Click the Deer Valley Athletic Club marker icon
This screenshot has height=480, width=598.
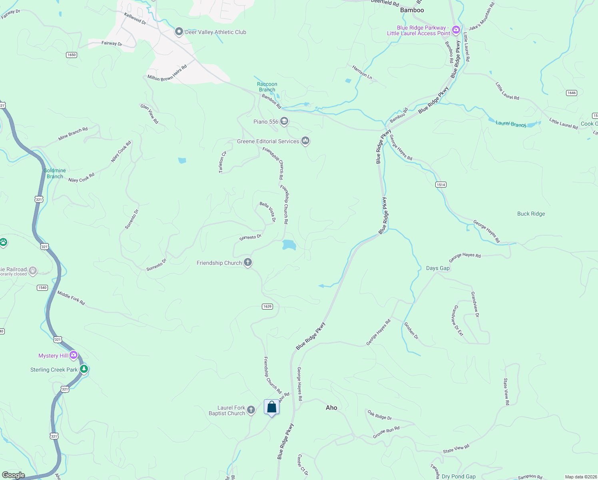pyautogui.click(x=179, y=32)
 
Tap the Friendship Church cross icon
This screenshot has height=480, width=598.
pyautogui.click(x=248, y=262)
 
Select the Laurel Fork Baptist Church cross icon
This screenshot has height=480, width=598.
pyautogui.click(x=251, y=410)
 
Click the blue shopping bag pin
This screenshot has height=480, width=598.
pyautogui.click(x=272, y=407)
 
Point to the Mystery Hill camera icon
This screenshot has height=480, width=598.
pyautogui.click(x=74, y=355)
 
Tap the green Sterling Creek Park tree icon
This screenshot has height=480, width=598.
pyautogui.click(x=84, y=369)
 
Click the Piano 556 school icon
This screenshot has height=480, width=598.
pyautogui.click(x=284, y=121)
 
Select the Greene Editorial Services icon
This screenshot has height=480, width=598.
pyautogui.click(x=305, y=140)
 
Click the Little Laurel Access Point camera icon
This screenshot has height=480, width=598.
pyautogui.click(x=456, y=30)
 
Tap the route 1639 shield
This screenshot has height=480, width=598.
pyautogui.click(x=267, y=306)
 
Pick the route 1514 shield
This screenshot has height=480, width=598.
pyautogui.click(x=441, y=184)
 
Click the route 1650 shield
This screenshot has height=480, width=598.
pyautogui.click(x=72, y=55)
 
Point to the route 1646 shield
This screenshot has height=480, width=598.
pyautogui.click(x=572, y=93)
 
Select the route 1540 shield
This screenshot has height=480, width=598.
pyautogui.click(x=42, y=288)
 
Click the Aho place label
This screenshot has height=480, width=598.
pyautogui.click(x=331, y=408)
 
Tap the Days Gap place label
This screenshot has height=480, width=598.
pyautogui.click(x=438, y=268)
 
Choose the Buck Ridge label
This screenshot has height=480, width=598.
pyautogui.click(x=531, y=214)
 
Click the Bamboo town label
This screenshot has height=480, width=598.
pyautogui.click(x=412, y=10)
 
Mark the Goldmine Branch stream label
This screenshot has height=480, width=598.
pyautogui.click(x=55, y=173)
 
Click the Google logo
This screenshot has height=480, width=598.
pyautogui.click(x=13, y=475)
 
